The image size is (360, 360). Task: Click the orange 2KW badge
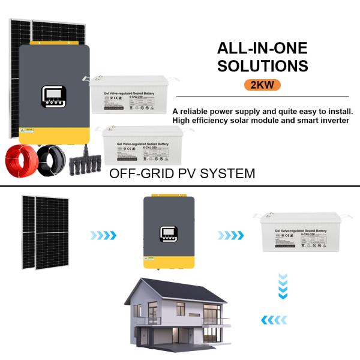pyautogui.click(x=262, y=84)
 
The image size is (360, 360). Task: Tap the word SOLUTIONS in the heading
pyautogui.click(x=262, y=65)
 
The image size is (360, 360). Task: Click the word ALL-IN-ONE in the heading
pyautogui.click(x=262, y=49)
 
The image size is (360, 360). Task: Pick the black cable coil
pyautogui.click(x=49, y=160)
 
